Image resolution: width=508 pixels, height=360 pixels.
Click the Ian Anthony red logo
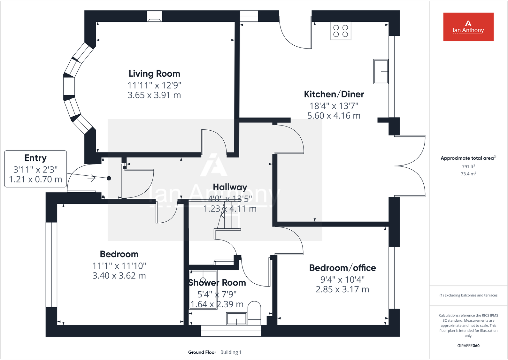tap(468, 27)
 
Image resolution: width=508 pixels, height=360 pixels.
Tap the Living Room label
tap(154, 74)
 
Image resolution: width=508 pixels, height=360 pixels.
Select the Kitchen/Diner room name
tap(334, 94)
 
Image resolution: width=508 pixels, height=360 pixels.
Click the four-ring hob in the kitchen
tap(341, 31)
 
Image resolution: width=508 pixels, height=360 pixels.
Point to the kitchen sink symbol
tap(381, 72)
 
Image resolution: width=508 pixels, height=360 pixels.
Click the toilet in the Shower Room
tap(254, 313)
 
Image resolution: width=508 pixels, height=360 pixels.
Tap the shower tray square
tap(203, 289)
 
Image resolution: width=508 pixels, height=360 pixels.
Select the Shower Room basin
tap(236, 318)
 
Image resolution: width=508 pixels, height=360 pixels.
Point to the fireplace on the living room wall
tap(154, 17)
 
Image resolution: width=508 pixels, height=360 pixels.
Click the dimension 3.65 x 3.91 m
tap(154, 95)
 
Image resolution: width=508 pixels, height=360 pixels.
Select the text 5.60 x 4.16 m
tap(334, 116)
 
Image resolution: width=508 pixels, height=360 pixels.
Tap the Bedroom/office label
tap(343, 268)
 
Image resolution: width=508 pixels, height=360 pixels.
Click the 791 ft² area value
tap(468, 166)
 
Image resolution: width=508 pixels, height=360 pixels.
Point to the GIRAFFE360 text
tap(468, 346)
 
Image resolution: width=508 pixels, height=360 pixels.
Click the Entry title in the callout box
tap(35, 158)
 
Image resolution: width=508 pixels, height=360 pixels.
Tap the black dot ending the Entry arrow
tap(109, 178)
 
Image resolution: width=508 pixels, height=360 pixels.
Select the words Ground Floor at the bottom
tap(202, 352)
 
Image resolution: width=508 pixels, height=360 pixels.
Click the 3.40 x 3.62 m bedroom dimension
tap(119, 276)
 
